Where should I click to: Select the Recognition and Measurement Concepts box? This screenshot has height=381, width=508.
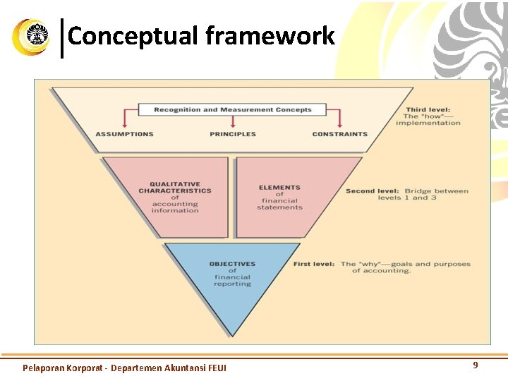point(232,109)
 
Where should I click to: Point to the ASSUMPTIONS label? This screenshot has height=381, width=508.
point(124,134)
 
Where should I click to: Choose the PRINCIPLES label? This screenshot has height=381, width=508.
point(233,134)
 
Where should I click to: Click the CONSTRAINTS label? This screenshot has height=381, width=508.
point(339,134)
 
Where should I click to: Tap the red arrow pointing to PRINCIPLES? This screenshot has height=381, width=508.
point(233,122)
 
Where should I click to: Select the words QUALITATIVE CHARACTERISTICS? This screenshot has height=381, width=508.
point(175,187)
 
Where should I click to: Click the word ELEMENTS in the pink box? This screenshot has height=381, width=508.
point(279,188)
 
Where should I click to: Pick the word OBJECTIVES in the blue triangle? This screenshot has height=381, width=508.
point(232,264)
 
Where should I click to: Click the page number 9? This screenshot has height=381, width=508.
point(475,365)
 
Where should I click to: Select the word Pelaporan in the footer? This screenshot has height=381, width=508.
point(43,368)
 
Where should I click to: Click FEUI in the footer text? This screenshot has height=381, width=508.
point(214,368)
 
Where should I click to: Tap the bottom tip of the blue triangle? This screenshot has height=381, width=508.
point(232,334)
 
